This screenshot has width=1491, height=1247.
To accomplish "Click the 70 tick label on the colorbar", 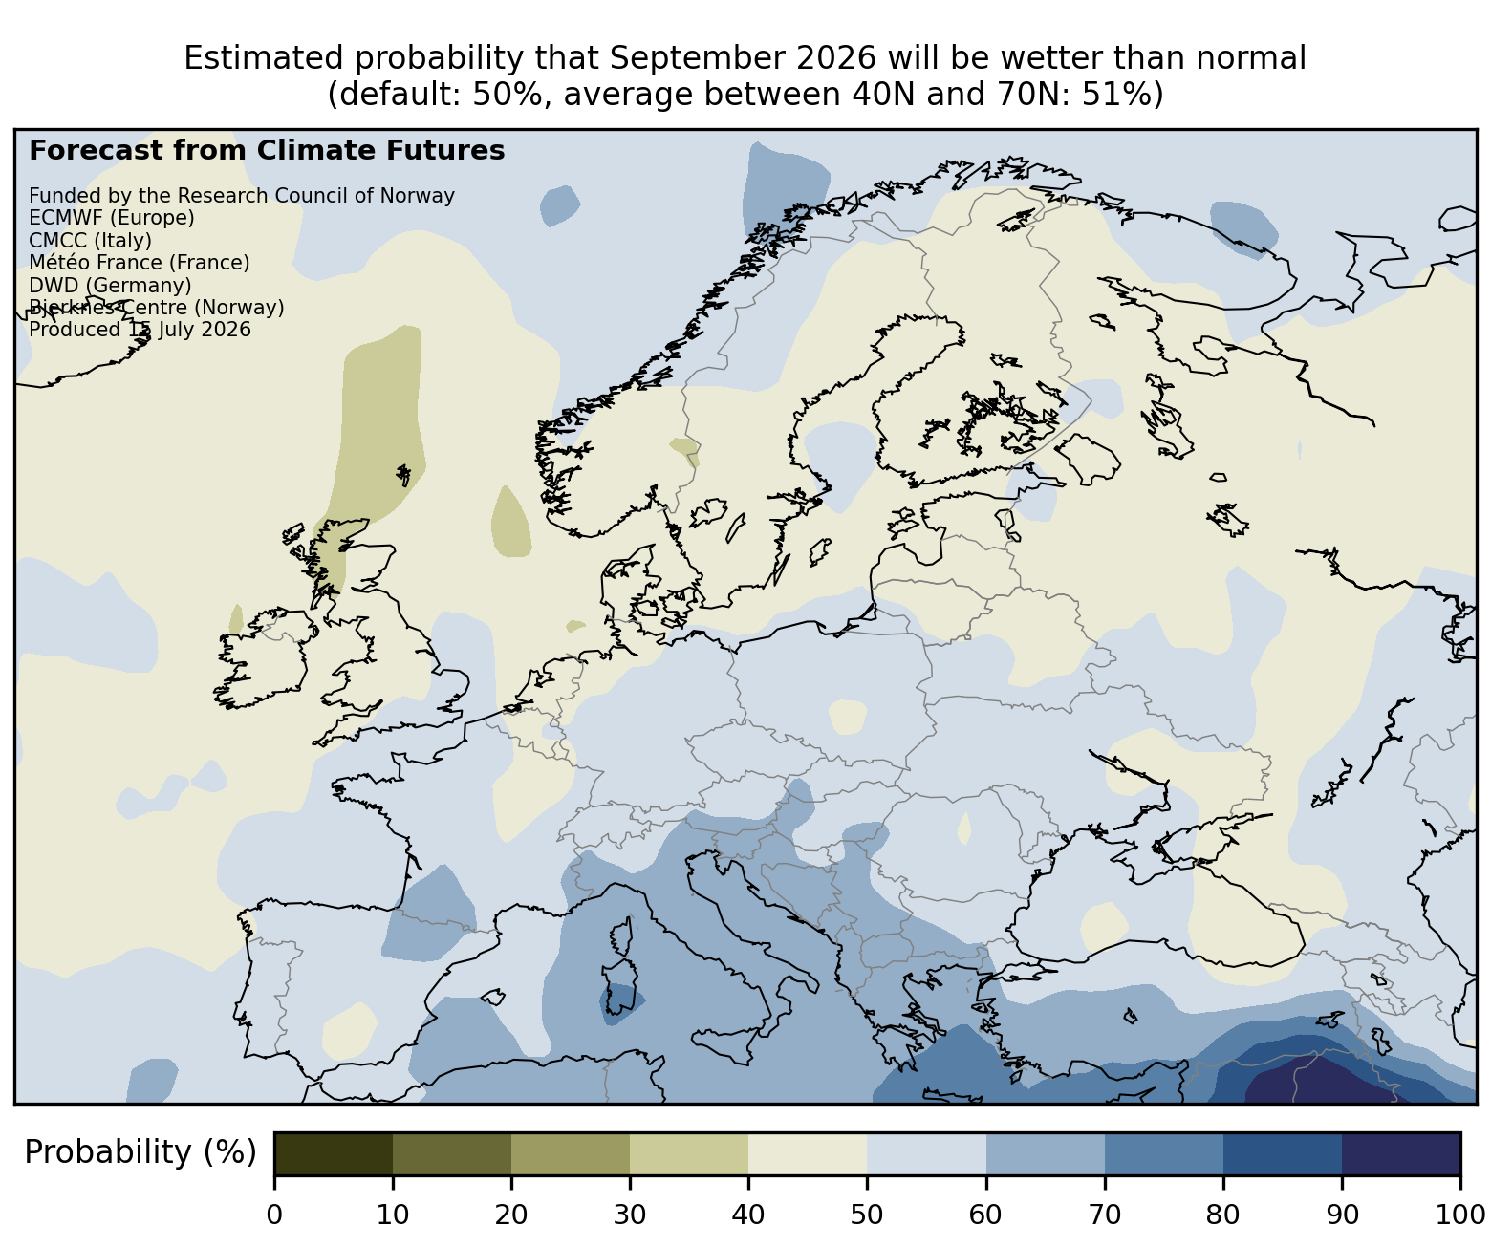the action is tap(1105, 1215).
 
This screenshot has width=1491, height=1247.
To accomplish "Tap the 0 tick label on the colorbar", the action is tap(274, 1215).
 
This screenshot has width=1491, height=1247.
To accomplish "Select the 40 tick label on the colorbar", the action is tap(748, 1215).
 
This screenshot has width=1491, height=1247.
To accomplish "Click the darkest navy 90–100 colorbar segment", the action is tap(1401, 1154).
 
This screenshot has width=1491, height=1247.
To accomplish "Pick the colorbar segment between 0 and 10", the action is tap(334, 1154).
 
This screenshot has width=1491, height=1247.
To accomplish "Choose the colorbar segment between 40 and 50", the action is tap(808, 1154).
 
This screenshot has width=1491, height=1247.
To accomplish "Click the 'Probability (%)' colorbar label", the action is tap(140, 1152).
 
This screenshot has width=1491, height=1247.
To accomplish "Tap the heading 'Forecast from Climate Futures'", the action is tap(267, 151).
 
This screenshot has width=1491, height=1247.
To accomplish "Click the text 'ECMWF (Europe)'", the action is tap(112, 218).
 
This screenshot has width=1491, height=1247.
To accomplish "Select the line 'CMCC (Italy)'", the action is tap(90, 241).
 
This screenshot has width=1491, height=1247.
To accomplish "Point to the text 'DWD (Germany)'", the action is tap(110, 286).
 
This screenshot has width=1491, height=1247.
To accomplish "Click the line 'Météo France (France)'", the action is tap(140, 263).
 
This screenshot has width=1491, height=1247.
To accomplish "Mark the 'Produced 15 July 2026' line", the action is tap(140, 330).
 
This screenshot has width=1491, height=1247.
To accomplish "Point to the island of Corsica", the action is tap(622, 935).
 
